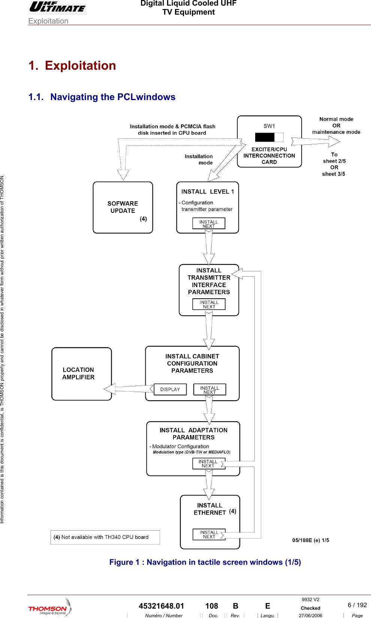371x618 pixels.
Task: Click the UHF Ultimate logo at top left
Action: pos(58,7)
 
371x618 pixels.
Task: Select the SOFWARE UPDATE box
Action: pos(123,207)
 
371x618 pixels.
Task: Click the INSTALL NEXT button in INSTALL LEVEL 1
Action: pos(209,224)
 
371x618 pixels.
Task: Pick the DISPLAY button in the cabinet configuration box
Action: pos(170,389)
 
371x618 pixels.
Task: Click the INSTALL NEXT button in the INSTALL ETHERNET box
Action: pos(209,534)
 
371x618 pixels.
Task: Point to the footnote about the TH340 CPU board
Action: pos(105,537)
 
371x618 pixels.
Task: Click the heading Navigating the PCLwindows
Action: pos(112,97)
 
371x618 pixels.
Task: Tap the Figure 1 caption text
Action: pos(205,562)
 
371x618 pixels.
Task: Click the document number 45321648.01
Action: pos(161,606)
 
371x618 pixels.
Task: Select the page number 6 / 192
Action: pos(357,605)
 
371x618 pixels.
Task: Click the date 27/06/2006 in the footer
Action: pos(310,615)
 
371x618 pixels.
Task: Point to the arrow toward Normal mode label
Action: pos(316,141)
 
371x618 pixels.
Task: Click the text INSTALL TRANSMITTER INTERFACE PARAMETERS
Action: pos(209,281)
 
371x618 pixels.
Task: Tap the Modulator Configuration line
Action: pos(180,446)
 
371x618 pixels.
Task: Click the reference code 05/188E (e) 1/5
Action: pos(310,540)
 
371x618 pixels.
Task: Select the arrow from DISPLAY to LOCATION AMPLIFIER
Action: pos(128,389)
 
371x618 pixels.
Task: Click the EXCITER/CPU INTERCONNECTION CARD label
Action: pos(269,156)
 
